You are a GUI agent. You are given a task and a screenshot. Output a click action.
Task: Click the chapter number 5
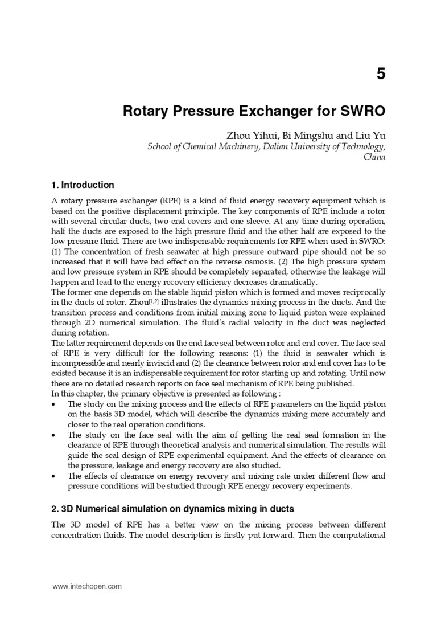tap(381, 73)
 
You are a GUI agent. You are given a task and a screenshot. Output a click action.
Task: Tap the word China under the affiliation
tap(374, 157)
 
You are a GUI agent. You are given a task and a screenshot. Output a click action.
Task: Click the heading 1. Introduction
tap(83, 185)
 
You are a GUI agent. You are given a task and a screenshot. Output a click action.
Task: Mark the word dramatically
tap(287, 283)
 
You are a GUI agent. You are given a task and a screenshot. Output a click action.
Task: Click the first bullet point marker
tap(54, 404)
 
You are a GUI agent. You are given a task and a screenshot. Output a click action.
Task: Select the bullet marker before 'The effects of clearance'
tap(54, 476)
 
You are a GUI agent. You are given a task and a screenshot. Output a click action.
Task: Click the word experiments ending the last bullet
tap(332, 487)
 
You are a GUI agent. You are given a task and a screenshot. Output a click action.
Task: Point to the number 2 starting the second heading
tap(54, 509)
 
